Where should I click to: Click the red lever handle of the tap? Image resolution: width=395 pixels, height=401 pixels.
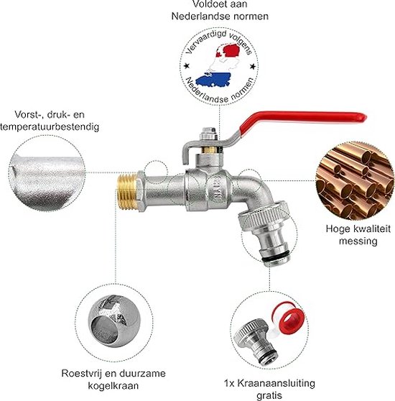pyautogui.click(x=302, y=118)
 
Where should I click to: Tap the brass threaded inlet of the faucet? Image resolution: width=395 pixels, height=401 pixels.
pyautogui.click(x=127, y=190)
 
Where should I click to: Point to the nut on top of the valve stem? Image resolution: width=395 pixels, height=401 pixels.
pyautogui.click(x=209, y=134)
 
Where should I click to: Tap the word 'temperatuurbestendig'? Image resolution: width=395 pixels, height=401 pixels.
pyautogui.click(x=50, y=127)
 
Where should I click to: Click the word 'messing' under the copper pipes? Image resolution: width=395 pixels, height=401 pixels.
pyautogui.click(x=358, y=241)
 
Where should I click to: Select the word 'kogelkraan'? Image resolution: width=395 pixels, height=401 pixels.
pyautogui.click(x=113, y=385)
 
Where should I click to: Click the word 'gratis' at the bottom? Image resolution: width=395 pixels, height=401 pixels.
pyautogui.click(x=269, y=395)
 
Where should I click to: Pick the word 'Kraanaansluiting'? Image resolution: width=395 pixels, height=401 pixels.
pyautogui.click(x=276, y=383)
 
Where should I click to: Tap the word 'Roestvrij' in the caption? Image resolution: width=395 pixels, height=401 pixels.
pyautogui.click(x=82, y=374)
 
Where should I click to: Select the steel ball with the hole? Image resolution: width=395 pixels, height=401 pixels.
pyautogui.click(x=114, y=321)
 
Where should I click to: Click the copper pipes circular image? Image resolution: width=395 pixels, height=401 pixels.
pyautogui.click(x=355, y=180)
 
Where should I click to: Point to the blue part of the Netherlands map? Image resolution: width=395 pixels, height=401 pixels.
pyautogui.click(x=213, y=79)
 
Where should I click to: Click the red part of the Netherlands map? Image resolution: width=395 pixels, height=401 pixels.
pyautogui.click(x=231, y=50)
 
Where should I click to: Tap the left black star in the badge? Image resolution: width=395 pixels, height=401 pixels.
pyautogui.click(x=187, y=67)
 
